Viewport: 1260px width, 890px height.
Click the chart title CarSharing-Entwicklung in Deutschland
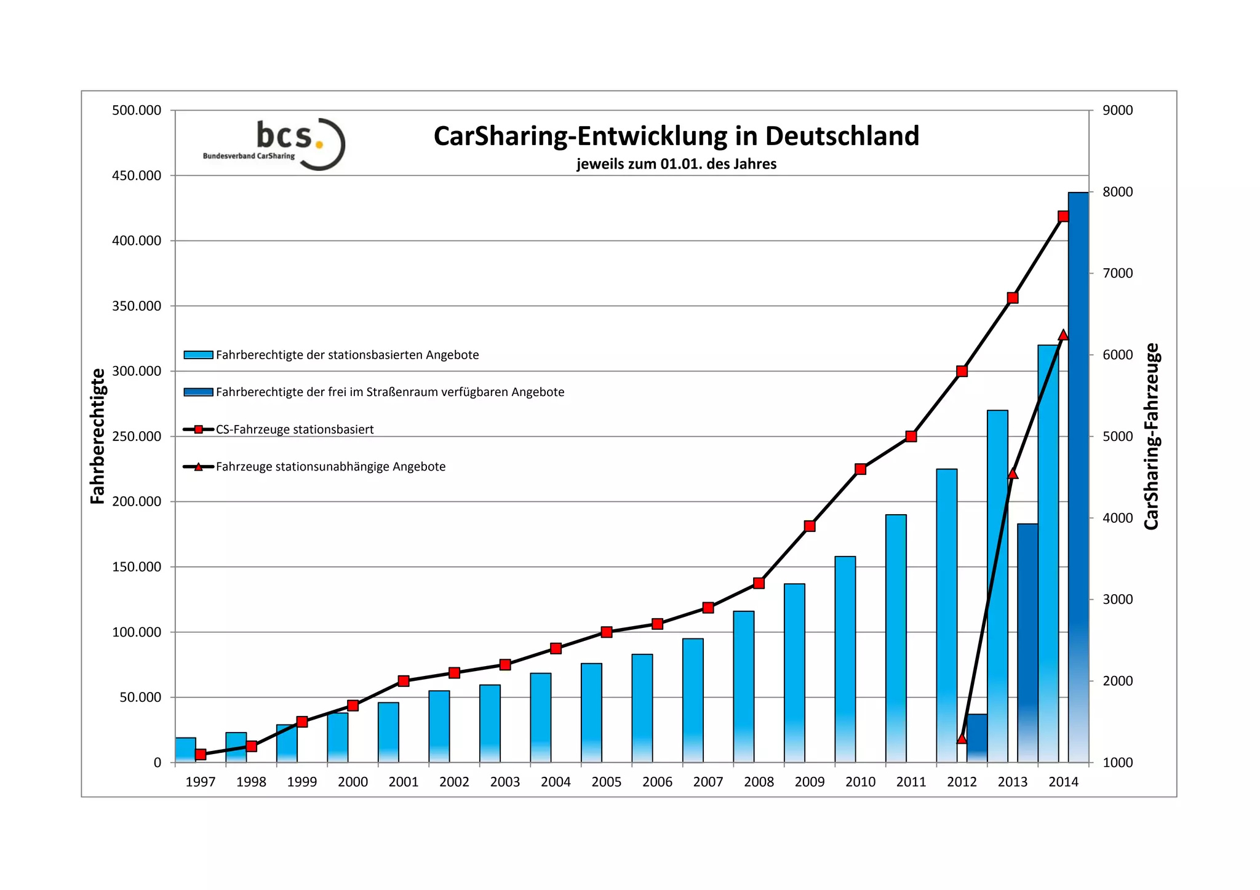(x=676, y=137)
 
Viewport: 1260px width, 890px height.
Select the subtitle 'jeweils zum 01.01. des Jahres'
(x=676, y=164)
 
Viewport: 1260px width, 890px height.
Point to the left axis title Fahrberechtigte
(x=98, y=436)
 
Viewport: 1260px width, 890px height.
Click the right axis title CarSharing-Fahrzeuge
(x=1151, y=436)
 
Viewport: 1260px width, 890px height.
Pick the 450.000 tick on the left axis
(x=137, y=176)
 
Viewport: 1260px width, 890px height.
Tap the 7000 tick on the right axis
(x=1117, y=273)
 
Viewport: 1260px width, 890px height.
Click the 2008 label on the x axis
(x=759, y=782)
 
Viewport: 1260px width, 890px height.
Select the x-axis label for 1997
(x=200, y=782)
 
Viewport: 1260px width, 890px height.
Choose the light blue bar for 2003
(x=490, y=723)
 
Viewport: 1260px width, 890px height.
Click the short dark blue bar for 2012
(x=977, y=738)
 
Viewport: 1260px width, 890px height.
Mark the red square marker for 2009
(x=810, y=526)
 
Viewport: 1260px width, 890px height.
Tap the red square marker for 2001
(x=404, y=681)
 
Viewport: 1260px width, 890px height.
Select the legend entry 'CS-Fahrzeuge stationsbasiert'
(x=295, y=429)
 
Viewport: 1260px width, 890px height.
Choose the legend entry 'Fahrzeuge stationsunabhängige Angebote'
(x=330, y=467)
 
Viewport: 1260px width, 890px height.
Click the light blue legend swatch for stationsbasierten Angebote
(x=198, y=355)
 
